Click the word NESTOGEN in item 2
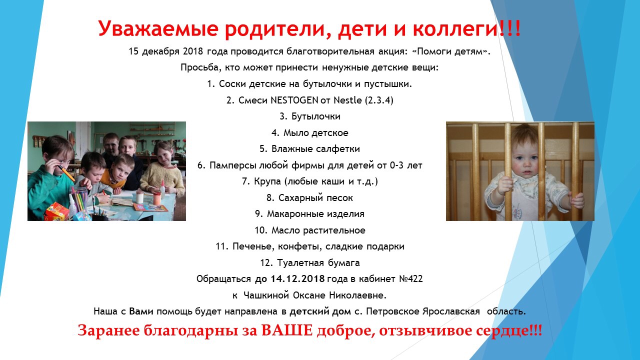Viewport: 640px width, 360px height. pyautogui.click(x=294, y=100)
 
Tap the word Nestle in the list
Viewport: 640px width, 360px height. pyautogui.click(x=347, y=100)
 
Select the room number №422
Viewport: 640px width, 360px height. pyautogui.click(x=411, y=279)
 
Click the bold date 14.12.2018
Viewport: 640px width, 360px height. pyautogui.click(x=297, y=279)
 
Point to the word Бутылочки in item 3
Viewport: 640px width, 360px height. pyautogui.click(x=316, y=116)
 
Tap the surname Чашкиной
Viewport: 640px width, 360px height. pyautogui.click(x=266, y=295)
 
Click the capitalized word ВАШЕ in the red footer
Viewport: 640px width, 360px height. pyautogui.click(x=287, y=330)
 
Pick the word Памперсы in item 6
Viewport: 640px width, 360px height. pyautogui.click(x=233, y=165)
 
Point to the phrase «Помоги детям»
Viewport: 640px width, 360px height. pyautogui.click(x=450, y=51)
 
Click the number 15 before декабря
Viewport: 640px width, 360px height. pyautogui.click(x=133, y=51)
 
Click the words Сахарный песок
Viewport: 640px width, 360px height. pyautogui.click(x=315, y=198)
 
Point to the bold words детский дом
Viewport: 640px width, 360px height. pyautogui.click(x=320, y=311)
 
